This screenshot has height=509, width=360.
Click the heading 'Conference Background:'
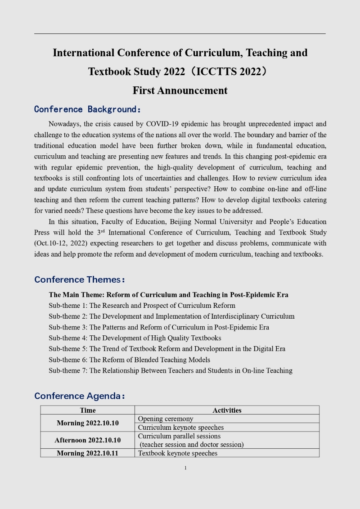coord(88,109)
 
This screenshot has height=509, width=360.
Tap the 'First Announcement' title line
coord(180,90)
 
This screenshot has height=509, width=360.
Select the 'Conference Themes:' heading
coord(80,279)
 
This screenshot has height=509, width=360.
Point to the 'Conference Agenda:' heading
coord(80,396)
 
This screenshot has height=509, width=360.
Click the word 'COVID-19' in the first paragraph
coord(163,124)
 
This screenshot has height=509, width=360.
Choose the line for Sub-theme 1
coord(142,306)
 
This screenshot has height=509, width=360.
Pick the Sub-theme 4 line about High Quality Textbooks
coord(135,338)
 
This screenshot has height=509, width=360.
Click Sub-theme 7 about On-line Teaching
coord(171,370)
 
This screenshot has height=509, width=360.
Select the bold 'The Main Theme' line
coord(168,295)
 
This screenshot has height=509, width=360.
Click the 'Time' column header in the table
coord(88,410)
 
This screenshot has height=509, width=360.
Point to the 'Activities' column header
coord(227,410)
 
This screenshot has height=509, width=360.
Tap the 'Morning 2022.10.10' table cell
coord(88,423)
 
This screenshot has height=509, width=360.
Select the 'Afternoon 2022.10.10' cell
coord(88,440)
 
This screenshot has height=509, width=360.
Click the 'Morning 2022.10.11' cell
coord(88,453)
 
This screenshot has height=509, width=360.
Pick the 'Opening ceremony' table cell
coord(166,419)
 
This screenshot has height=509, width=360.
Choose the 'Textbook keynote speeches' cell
coord(178,453)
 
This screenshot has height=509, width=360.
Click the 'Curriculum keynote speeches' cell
coord(181,427)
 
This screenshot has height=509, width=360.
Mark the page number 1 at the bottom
coord(185,468)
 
